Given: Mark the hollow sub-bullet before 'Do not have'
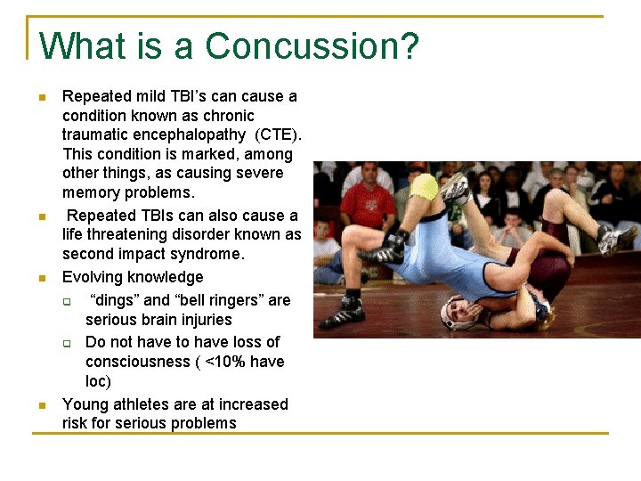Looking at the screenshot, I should (x=67, y=343).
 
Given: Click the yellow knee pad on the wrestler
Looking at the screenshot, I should (x=426, y=186).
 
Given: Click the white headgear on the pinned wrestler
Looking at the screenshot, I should (x=456, y=314).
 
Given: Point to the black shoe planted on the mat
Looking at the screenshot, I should (x=340, y=315).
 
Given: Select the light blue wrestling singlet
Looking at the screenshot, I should (x=436, y=258).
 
